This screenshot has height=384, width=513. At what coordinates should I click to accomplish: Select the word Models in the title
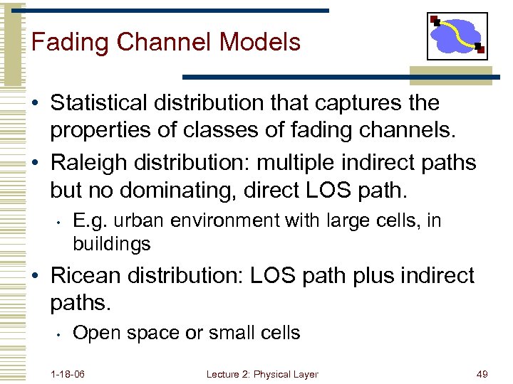tap(260, 42)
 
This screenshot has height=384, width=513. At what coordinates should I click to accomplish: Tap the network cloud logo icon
tap(457, 36)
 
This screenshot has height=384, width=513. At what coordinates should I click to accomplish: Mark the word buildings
tap(112, 244)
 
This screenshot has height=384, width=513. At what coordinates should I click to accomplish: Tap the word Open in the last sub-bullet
tap(95, 333)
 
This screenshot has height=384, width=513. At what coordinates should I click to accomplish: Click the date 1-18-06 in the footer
tap(68, 374)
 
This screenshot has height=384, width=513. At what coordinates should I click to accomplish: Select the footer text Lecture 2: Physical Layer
tap(262, 374)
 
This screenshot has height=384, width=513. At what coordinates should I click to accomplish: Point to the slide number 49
tap(482, 374)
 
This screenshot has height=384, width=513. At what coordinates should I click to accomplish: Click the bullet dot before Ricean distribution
tap(36, 276)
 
